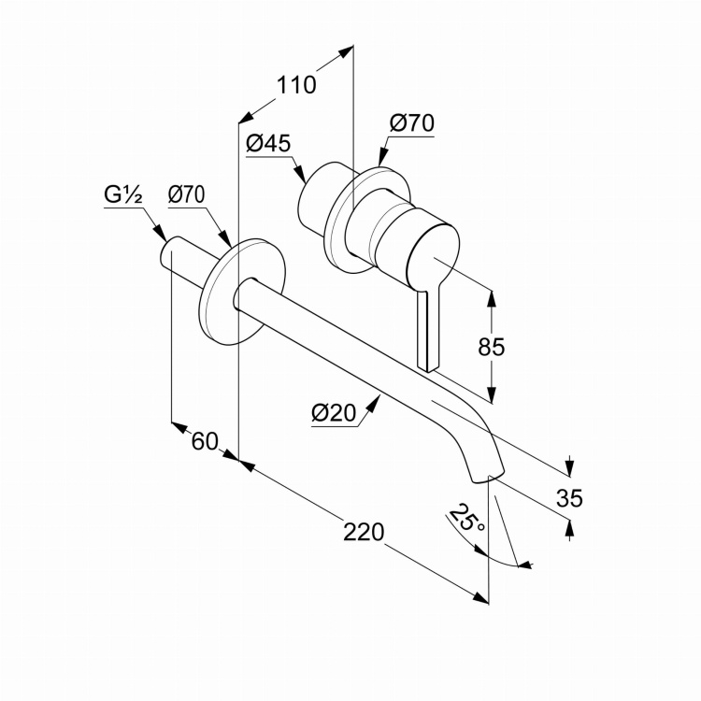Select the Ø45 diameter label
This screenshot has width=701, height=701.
click(268, 144)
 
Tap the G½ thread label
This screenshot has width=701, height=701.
click(122, 195)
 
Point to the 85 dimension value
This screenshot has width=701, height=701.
click(492, 347)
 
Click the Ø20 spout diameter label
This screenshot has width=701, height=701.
click(335, 413)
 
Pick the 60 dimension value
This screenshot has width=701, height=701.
click(205, 441)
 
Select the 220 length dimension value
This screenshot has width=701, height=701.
click(364, 532)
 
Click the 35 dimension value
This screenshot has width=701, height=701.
click(569, 498)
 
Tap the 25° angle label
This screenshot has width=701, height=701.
click(466, 519)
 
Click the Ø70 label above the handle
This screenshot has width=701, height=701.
click(411, 122)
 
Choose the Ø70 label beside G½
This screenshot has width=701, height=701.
click(187, 195)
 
